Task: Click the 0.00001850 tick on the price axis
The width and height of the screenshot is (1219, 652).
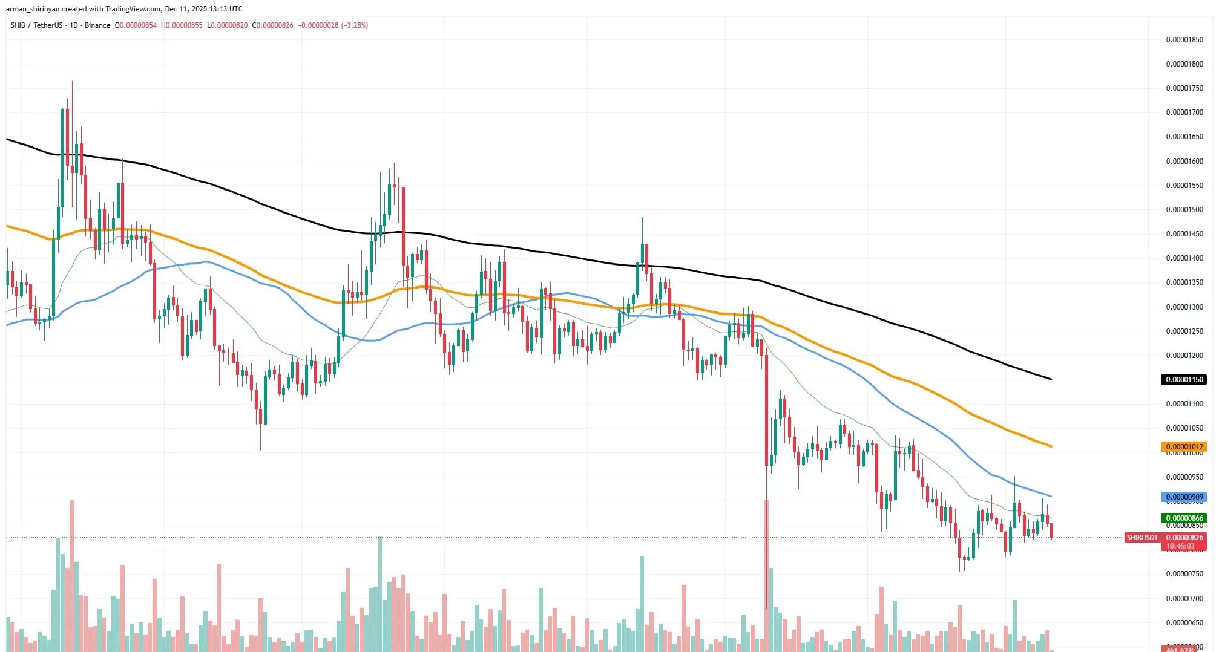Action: point(1184,40)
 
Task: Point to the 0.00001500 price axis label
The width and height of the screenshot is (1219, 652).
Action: point(1184,210)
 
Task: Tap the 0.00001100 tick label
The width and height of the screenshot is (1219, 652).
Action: point(1184,404)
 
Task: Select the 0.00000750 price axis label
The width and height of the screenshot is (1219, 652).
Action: point(1184,574)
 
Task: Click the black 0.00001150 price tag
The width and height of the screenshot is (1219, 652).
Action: point(1184,380)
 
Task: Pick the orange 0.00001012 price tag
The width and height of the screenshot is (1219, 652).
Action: point(1184,447)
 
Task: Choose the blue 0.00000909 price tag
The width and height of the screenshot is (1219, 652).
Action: point(1184,497)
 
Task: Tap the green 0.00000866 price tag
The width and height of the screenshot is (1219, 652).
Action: point(1184,518)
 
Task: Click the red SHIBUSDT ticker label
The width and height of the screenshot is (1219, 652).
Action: point(1142,538)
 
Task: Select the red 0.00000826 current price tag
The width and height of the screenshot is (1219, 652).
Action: point(1184,538)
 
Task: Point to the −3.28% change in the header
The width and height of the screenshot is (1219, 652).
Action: point(355,25)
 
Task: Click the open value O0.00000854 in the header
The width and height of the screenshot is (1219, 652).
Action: point(136,25)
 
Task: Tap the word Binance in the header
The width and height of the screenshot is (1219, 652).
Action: point(97,25)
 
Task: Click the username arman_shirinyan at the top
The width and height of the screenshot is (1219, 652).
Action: point(31,9)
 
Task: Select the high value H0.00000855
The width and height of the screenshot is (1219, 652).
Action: point(182,25)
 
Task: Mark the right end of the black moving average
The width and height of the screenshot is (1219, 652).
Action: point(1051,379)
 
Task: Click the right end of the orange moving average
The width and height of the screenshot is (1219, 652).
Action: point(1051,446)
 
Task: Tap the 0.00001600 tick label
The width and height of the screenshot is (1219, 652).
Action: point(1184,161)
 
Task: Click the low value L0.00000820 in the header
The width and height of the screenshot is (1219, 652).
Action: point(228,25)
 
